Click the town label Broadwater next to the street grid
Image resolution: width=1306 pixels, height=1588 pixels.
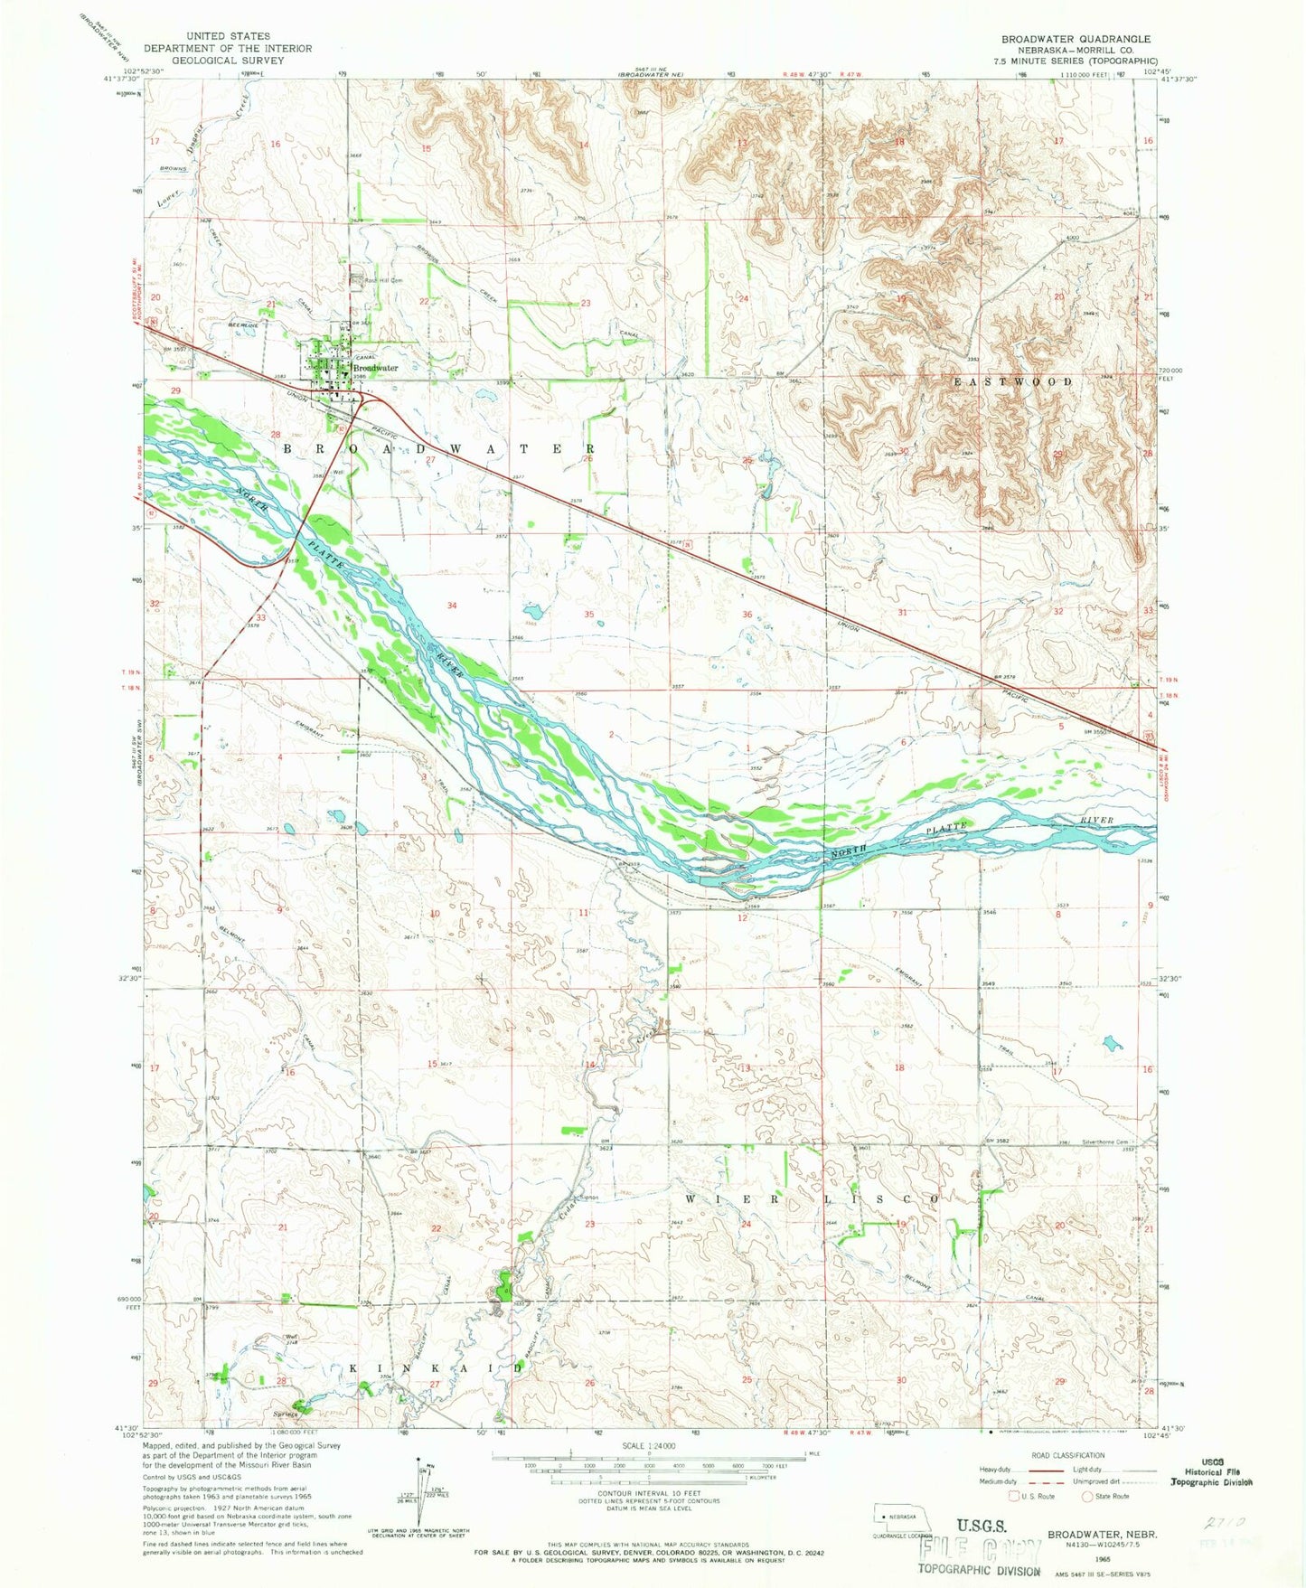click(375, 368)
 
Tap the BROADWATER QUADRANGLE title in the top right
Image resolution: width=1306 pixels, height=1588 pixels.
click(1075, 39)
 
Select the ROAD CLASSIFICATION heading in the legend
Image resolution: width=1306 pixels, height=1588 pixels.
click(1067, 1455)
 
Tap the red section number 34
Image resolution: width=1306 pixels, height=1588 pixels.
click(451, 606)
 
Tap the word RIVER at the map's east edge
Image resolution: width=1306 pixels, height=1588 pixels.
click(1095, 820)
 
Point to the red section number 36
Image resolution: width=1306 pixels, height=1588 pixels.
click(747, 615)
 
